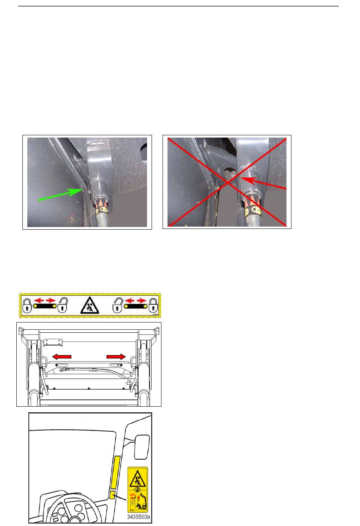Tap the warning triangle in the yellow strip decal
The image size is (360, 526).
point(90,305)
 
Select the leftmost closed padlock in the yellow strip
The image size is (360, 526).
point(27,305)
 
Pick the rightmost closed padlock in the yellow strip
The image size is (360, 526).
point(153,305)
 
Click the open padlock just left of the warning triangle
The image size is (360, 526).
point(63,305)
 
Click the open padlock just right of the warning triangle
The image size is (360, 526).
point(117,305)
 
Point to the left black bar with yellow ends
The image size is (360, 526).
point(45,306)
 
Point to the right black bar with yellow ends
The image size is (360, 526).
point(136,306)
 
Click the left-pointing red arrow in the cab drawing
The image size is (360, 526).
point(61,357)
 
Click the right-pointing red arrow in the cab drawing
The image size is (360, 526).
point(116,357)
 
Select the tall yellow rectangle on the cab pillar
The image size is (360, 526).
point(116,472)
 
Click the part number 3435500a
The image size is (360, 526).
point(138,517)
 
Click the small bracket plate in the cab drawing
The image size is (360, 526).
point(53,343)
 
